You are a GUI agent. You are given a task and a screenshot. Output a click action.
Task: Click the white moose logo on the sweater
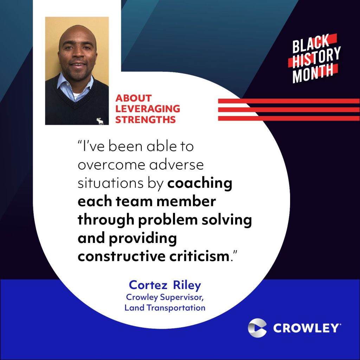tap(99, 121)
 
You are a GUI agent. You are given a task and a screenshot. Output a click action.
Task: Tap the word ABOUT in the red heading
tap(133, 98)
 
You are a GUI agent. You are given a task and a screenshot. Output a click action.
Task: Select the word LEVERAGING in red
tap(148, 109)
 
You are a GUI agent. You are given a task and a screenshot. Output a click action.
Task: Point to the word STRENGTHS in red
tap(146, 120)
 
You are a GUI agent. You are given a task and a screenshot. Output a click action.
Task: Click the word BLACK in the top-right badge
tap(311, 44)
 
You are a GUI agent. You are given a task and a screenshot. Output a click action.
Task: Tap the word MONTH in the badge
tap(313, 73)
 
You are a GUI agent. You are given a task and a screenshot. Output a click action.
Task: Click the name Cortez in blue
tap(148, 285)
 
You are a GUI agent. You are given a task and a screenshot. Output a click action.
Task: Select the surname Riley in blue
tap(187, 285)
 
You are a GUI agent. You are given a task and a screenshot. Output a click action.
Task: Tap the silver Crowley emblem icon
tap(257, 328)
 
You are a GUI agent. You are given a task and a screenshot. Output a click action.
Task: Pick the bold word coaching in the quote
tap(200, 184)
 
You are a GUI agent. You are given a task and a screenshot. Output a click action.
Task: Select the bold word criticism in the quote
tap(199, 256)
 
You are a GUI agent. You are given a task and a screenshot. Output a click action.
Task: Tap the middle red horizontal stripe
tap(289, 110)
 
